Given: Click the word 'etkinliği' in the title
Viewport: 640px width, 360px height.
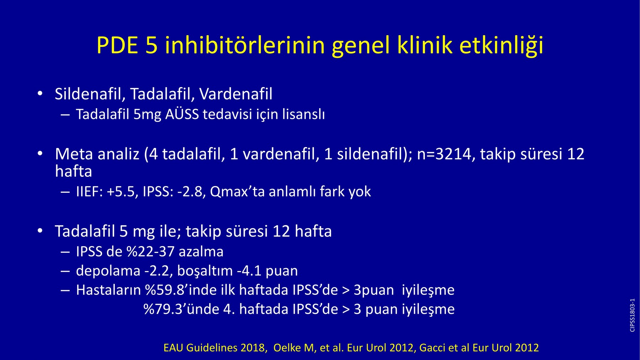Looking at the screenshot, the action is point(501,46).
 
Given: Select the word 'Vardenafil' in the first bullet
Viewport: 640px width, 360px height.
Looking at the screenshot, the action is point(236,94).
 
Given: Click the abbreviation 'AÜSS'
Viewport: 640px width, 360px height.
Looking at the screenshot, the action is point(182,114).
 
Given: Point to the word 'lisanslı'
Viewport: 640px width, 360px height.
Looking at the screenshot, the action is point(303,115).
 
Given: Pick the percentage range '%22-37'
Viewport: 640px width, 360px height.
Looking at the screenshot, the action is point(150,252).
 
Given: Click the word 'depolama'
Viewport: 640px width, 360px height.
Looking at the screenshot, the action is point(108,271).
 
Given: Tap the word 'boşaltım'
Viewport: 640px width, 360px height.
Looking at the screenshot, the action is point(204,271).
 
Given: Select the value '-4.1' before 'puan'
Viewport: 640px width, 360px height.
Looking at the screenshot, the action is point(249,271).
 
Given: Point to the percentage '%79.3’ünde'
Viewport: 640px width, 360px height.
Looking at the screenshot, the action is point(181,309).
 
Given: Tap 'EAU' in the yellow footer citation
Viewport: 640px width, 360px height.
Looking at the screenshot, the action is point(173,348).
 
